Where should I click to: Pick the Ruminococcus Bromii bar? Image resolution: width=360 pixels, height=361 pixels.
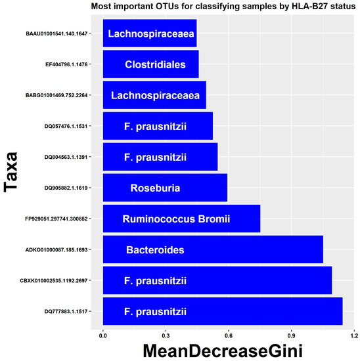(181, 219)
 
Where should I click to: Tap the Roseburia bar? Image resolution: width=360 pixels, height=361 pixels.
(165, 188)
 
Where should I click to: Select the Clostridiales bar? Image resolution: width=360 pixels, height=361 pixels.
(150, 64)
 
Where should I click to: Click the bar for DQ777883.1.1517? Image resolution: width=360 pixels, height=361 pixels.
(223, 311)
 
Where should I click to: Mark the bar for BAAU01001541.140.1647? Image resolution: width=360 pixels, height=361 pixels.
(149, 33)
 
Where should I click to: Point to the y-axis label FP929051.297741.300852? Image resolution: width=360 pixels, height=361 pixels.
(58, 219)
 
